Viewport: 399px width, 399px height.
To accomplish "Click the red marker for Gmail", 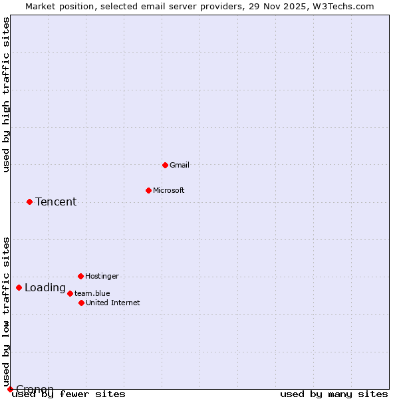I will click(x=165, y=165).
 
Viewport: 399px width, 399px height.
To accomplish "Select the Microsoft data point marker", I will click(x=148, y=190).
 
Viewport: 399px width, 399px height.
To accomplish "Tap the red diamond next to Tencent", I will click(x=29, y=201).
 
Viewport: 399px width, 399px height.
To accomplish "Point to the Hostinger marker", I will click(x=80, y=276).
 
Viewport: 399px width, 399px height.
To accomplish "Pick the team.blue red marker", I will click(x=70, y=293).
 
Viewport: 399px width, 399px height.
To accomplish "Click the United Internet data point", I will click(x=81, y=303).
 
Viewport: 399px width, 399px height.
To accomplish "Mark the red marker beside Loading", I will click(x=19, y=288).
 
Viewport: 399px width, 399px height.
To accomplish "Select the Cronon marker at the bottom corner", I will click(x=10, y=389).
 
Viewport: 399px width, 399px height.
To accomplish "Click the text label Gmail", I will click(x=180, y=165).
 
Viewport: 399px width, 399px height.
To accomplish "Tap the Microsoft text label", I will click(x=169, y=190).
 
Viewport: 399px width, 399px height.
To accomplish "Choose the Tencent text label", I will click(x=56, y=202).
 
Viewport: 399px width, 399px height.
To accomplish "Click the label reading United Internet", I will click(x=113, y=303).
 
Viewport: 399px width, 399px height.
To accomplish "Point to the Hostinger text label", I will click(x=102, y=276).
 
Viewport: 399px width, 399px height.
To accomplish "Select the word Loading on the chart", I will click(x=45, y=288).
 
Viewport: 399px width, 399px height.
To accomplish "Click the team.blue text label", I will click(x=92, y=293).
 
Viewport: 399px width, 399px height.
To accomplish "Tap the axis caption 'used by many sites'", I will click(x=334, y=394).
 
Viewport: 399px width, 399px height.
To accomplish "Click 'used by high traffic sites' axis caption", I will click(x=7, y=94).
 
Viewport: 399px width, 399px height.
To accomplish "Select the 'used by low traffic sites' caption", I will click(x=7, y=311).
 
